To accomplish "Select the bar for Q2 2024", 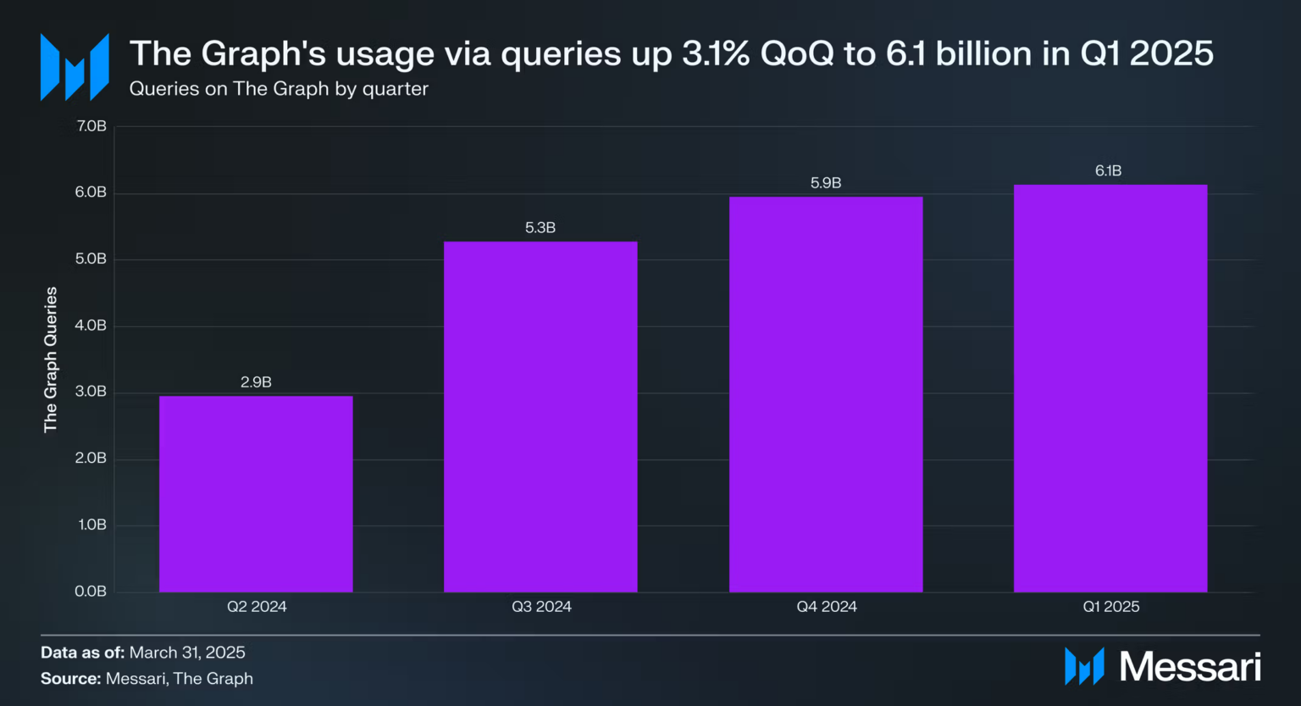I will [x=256, y=493].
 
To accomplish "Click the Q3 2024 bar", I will [x=540, y=416].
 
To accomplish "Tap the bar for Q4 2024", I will [x=826, y=394].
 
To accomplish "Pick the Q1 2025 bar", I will [x=1110, y=388].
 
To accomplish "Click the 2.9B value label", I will [x=256, y=382].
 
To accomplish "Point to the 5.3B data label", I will [x=540, y=228].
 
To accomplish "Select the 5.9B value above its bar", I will [x=826, y=183].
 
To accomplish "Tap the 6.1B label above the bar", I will [x=1108, y=171].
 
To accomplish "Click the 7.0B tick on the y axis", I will [x=91, y=126].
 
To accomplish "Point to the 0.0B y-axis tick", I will [x=91, y=592].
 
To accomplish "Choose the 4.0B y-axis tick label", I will [x=91, y=325].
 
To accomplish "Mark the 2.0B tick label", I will [x=91, y=459].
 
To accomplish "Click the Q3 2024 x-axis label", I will [x=541, y=607].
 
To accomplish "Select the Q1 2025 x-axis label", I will [x=1111, y=607].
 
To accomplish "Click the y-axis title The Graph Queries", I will [x=51, y=359].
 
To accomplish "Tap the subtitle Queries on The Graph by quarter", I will [x=279, y=89].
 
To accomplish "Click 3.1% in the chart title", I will [x=716, y=53].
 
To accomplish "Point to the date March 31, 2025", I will [x=187, y=653].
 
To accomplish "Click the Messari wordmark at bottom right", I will [x=1190, y=667].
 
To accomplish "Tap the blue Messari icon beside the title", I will [x=75, y=67].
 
